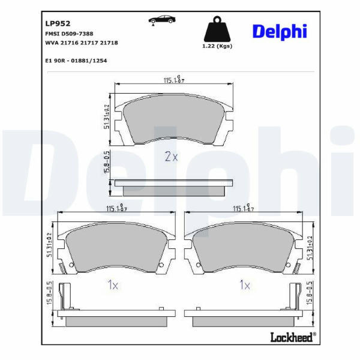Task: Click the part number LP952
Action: [58, 23]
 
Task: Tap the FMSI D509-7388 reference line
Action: [69, 34]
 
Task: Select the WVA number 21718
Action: [109, 43]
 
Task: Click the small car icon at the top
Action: [162, 20]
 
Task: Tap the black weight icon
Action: [217, 29]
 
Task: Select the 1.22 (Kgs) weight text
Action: [217, 46]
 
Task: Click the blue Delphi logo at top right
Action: [280, 32]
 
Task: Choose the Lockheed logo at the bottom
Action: [293, 337]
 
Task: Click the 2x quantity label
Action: [171, 157]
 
